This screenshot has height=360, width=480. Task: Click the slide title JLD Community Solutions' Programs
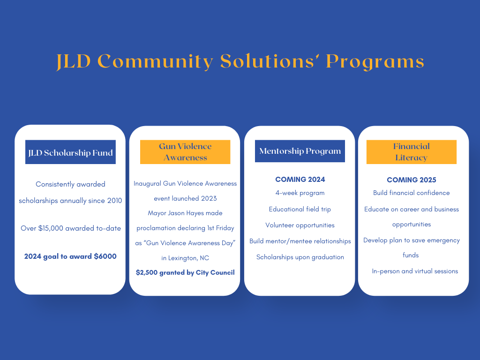(x=240, y=61)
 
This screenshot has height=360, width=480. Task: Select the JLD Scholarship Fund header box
(x=70, y=152)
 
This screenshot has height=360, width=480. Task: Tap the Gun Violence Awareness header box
(x=185, y=152)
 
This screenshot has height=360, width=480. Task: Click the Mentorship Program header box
(x=300, y=151)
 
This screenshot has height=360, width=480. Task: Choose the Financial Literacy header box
(x=412, y=152)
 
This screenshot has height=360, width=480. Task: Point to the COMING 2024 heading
(x=300, y=180)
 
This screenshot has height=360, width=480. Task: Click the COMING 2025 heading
(x=412, y=180)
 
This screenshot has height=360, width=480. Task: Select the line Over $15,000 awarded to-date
(x=71, y=228)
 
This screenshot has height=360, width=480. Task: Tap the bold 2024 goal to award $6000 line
(x=70, y=256)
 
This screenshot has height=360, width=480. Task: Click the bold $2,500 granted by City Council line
(x=185, y=272)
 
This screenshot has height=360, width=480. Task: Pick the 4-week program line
(x=300, y=193)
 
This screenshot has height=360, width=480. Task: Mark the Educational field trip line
(x=300, y=210)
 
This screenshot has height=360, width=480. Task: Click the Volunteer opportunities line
(x=300, y=225)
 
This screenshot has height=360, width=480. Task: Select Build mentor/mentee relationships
(x=300, y=241)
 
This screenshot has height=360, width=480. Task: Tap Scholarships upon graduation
(x=300, y=257)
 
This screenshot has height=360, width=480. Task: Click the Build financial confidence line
(x=412, y=193)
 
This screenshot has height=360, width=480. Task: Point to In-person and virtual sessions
(x=415, y=271)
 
